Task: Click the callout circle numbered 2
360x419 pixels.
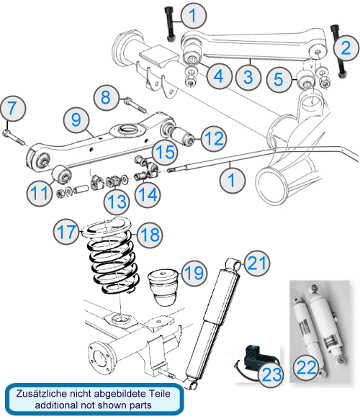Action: (x=346, y=48)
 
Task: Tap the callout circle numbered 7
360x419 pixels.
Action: (x=12, y=109)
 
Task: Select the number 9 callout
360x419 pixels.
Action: (x=76, y=120)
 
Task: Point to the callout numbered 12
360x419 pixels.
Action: (x=214, y=138)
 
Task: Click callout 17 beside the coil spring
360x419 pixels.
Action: (x=66, y=231)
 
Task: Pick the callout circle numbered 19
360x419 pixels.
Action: (x=194, y=273)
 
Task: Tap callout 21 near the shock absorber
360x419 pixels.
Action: (x=257, y=263)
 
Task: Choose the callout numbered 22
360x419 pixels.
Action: (x=306, y=368)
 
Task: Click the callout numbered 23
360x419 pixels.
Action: (x=272, y=374)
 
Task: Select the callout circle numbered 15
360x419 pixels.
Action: (x=165, y=151)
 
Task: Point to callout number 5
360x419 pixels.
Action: (x=279, y=79)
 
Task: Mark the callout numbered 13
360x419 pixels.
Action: (x=117, y=202)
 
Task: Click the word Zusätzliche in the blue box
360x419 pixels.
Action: (x=42, y=394)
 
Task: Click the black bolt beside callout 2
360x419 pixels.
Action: (x=338, y=51)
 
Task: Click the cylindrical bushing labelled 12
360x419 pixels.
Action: (x=182, y=135)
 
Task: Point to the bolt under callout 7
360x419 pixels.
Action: (x=14, y=136)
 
